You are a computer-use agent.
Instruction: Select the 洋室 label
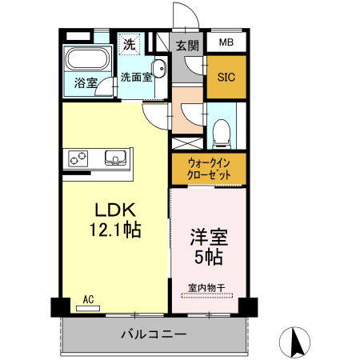208,238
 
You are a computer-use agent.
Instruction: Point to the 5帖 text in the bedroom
208,258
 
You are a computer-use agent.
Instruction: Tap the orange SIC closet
226,77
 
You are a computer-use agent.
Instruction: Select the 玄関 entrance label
186,45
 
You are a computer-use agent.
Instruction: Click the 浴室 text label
85,82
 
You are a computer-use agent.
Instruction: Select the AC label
88,299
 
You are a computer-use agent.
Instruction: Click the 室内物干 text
207,287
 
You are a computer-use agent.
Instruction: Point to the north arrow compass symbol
298,342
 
